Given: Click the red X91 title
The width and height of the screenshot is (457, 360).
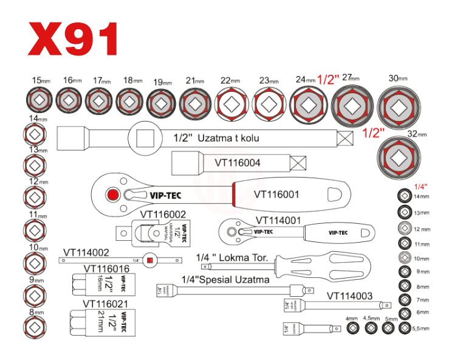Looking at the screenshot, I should tap(72, 40).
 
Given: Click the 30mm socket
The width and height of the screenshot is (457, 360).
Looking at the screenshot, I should tap(398, 106).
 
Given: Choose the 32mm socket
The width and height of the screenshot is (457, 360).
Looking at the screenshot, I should tap(398, 157).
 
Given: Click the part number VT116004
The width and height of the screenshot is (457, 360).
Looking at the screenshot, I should tap(238, 163).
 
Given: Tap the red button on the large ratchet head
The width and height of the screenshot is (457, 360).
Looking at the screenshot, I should tap(112, 195).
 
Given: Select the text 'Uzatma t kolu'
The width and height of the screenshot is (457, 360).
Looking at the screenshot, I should tap(233, 138).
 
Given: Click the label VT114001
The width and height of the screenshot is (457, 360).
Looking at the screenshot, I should tap(279, 220).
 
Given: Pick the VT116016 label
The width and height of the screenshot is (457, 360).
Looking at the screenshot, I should tap(107, 268).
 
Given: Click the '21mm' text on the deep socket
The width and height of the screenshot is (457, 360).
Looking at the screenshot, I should tap(101, 319).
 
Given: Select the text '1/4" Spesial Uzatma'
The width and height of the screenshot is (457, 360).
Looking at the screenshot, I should tap(225, 280).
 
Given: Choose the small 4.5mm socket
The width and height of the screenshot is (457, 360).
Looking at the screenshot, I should tap(370, 328).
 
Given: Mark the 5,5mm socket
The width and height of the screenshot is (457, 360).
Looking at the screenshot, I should tap(405, 328).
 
